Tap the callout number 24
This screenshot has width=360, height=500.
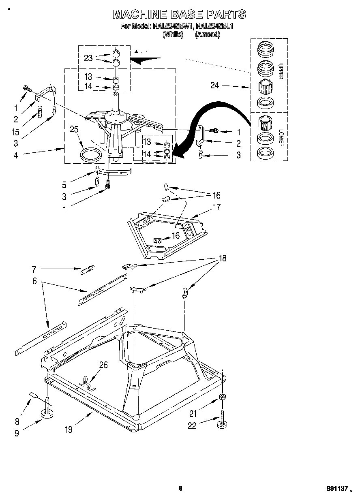point(215,85)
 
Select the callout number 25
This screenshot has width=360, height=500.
point(74,130)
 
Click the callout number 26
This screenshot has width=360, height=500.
point(103,365)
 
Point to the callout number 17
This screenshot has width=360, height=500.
point(217,207)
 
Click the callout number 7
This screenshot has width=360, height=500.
point(34,269)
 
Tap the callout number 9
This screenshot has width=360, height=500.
point(17,433)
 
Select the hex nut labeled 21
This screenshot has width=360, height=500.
point(223,397)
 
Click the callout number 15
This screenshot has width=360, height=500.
point(15,132)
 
